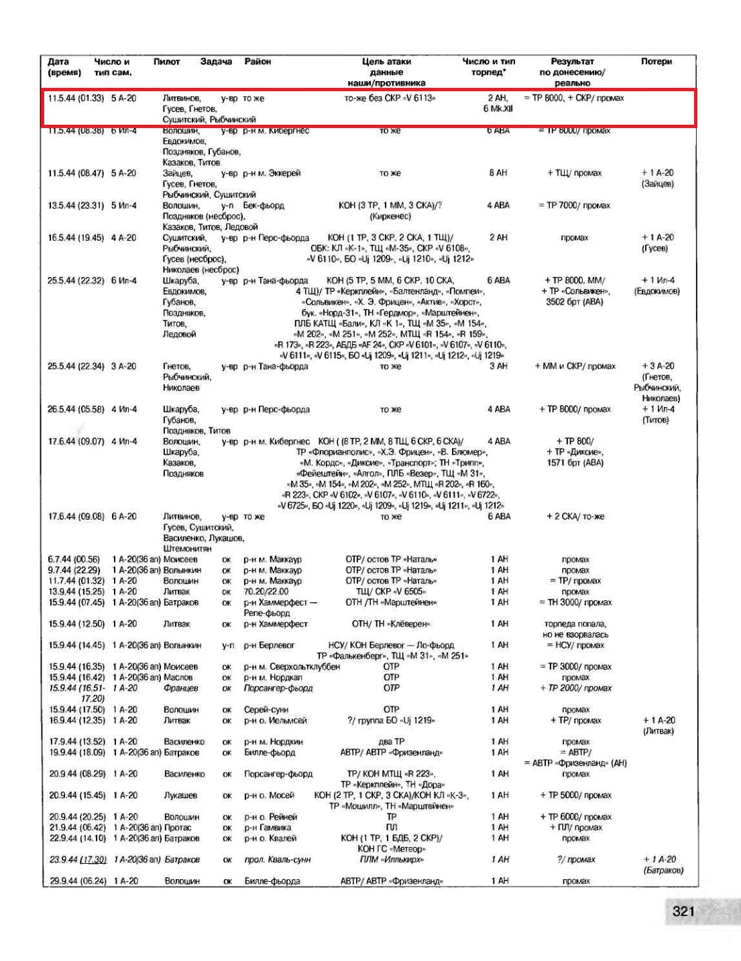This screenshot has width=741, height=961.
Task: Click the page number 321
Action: point(683,911)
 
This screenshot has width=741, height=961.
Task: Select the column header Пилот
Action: point(166,62)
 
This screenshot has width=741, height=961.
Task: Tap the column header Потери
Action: point(656,62)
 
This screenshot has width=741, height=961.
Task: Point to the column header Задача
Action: point(216,62)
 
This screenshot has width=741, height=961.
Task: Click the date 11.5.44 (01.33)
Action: point(76,99)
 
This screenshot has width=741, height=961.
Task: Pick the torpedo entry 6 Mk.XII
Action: point(498,109)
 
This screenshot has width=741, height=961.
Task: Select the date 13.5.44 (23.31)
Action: point(76,206)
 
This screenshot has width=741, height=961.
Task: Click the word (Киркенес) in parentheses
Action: point(390,217)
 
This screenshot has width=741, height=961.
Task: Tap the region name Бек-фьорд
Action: point(264,206)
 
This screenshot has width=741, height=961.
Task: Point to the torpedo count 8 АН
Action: point(498,173)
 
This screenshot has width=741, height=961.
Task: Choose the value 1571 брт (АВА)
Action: point(575,463)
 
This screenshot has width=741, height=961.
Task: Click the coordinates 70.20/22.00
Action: point(266,591)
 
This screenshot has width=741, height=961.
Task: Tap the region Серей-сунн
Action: point(266,710)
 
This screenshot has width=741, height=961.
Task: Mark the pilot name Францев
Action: point(181,688)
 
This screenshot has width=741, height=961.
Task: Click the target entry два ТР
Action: point(391,742)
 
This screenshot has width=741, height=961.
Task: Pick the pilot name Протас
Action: point(178,828)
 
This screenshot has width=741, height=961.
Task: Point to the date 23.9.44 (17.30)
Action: point(78,860)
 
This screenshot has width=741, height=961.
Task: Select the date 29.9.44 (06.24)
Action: point(78,881)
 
